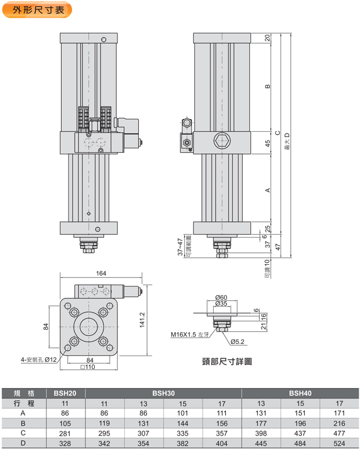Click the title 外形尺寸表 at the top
[37, 9]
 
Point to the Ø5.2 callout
[239, 341]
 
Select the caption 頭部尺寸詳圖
[223, 361]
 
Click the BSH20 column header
[65, 393]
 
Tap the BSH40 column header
[300, 393]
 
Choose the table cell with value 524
[340, 443]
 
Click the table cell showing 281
[65, 433]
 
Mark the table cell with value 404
[221, 443]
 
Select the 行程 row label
[23, 403]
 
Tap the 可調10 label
[267, 268]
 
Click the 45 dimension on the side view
[267, 143]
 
